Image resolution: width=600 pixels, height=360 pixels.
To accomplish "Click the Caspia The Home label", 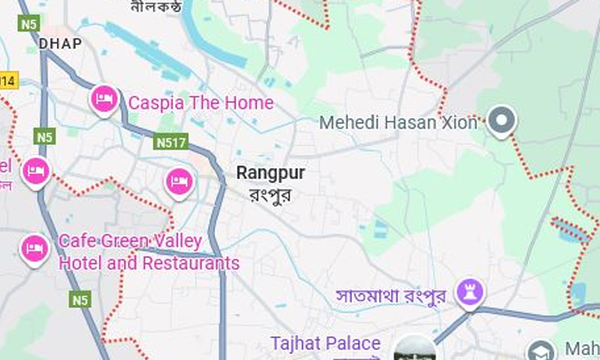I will click(x=201, y=102).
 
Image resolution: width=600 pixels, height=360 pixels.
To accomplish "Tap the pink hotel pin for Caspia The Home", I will click(x=104, y=99).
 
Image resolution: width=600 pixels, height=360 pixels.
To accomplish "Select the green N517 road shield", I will click(x=171, y=142).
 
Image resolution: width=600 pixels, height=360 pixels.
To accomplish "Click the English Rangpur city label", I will click(x=270, y=173).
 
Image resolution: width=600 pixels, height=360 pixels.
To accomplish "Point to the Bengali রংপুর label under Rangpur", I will click(x=270, y=194).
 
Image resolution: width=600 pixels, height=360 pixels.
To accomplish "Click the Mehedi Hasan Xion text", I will click(x=398, y=122).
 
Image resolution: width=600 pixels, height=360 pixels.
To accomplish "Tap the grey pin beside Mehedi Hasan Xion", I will click(x=502, y=121).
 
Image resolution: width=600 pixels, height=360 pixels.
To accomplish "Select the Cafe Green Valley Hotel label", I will click(x=149, y=252).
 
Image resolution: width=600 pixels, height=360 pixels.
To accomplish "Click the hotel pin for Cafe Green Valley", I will click(x=34, y=249).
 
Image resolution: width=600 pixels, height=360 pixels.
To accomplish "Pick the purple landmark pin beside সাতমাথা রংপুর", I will click(x=470, y=292).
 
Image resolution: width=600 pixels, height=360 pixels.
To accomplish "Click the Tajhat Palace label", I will click(x=325, y=343).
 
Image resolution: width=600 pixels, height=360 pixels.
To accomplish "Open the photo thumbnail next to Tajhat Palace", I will click(x=415, y=350).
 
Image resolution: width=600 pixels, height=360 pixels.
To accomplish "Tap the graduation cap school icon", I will click(x=541, y=351).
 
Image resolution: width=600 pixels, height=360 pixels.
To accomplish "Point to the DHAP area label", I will click(x=61, y=43).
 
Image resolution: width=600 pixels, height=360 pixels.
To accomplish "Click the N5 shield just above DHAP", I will click(x=29, y=24).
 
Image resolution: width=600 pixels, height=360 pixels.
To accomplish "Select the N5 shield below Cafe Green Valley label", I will click(x=79, y=300).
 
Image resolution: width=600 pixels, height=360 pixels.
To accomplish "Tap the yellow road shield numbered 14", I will click(x=7, y=80).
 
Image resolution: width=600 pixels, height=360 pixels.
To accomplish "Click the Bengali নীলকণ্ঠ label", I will click(x=156, y=7).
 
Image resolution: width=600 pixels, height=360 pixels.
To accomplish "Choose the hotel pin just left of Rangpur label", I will click(x=179, y=182).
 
